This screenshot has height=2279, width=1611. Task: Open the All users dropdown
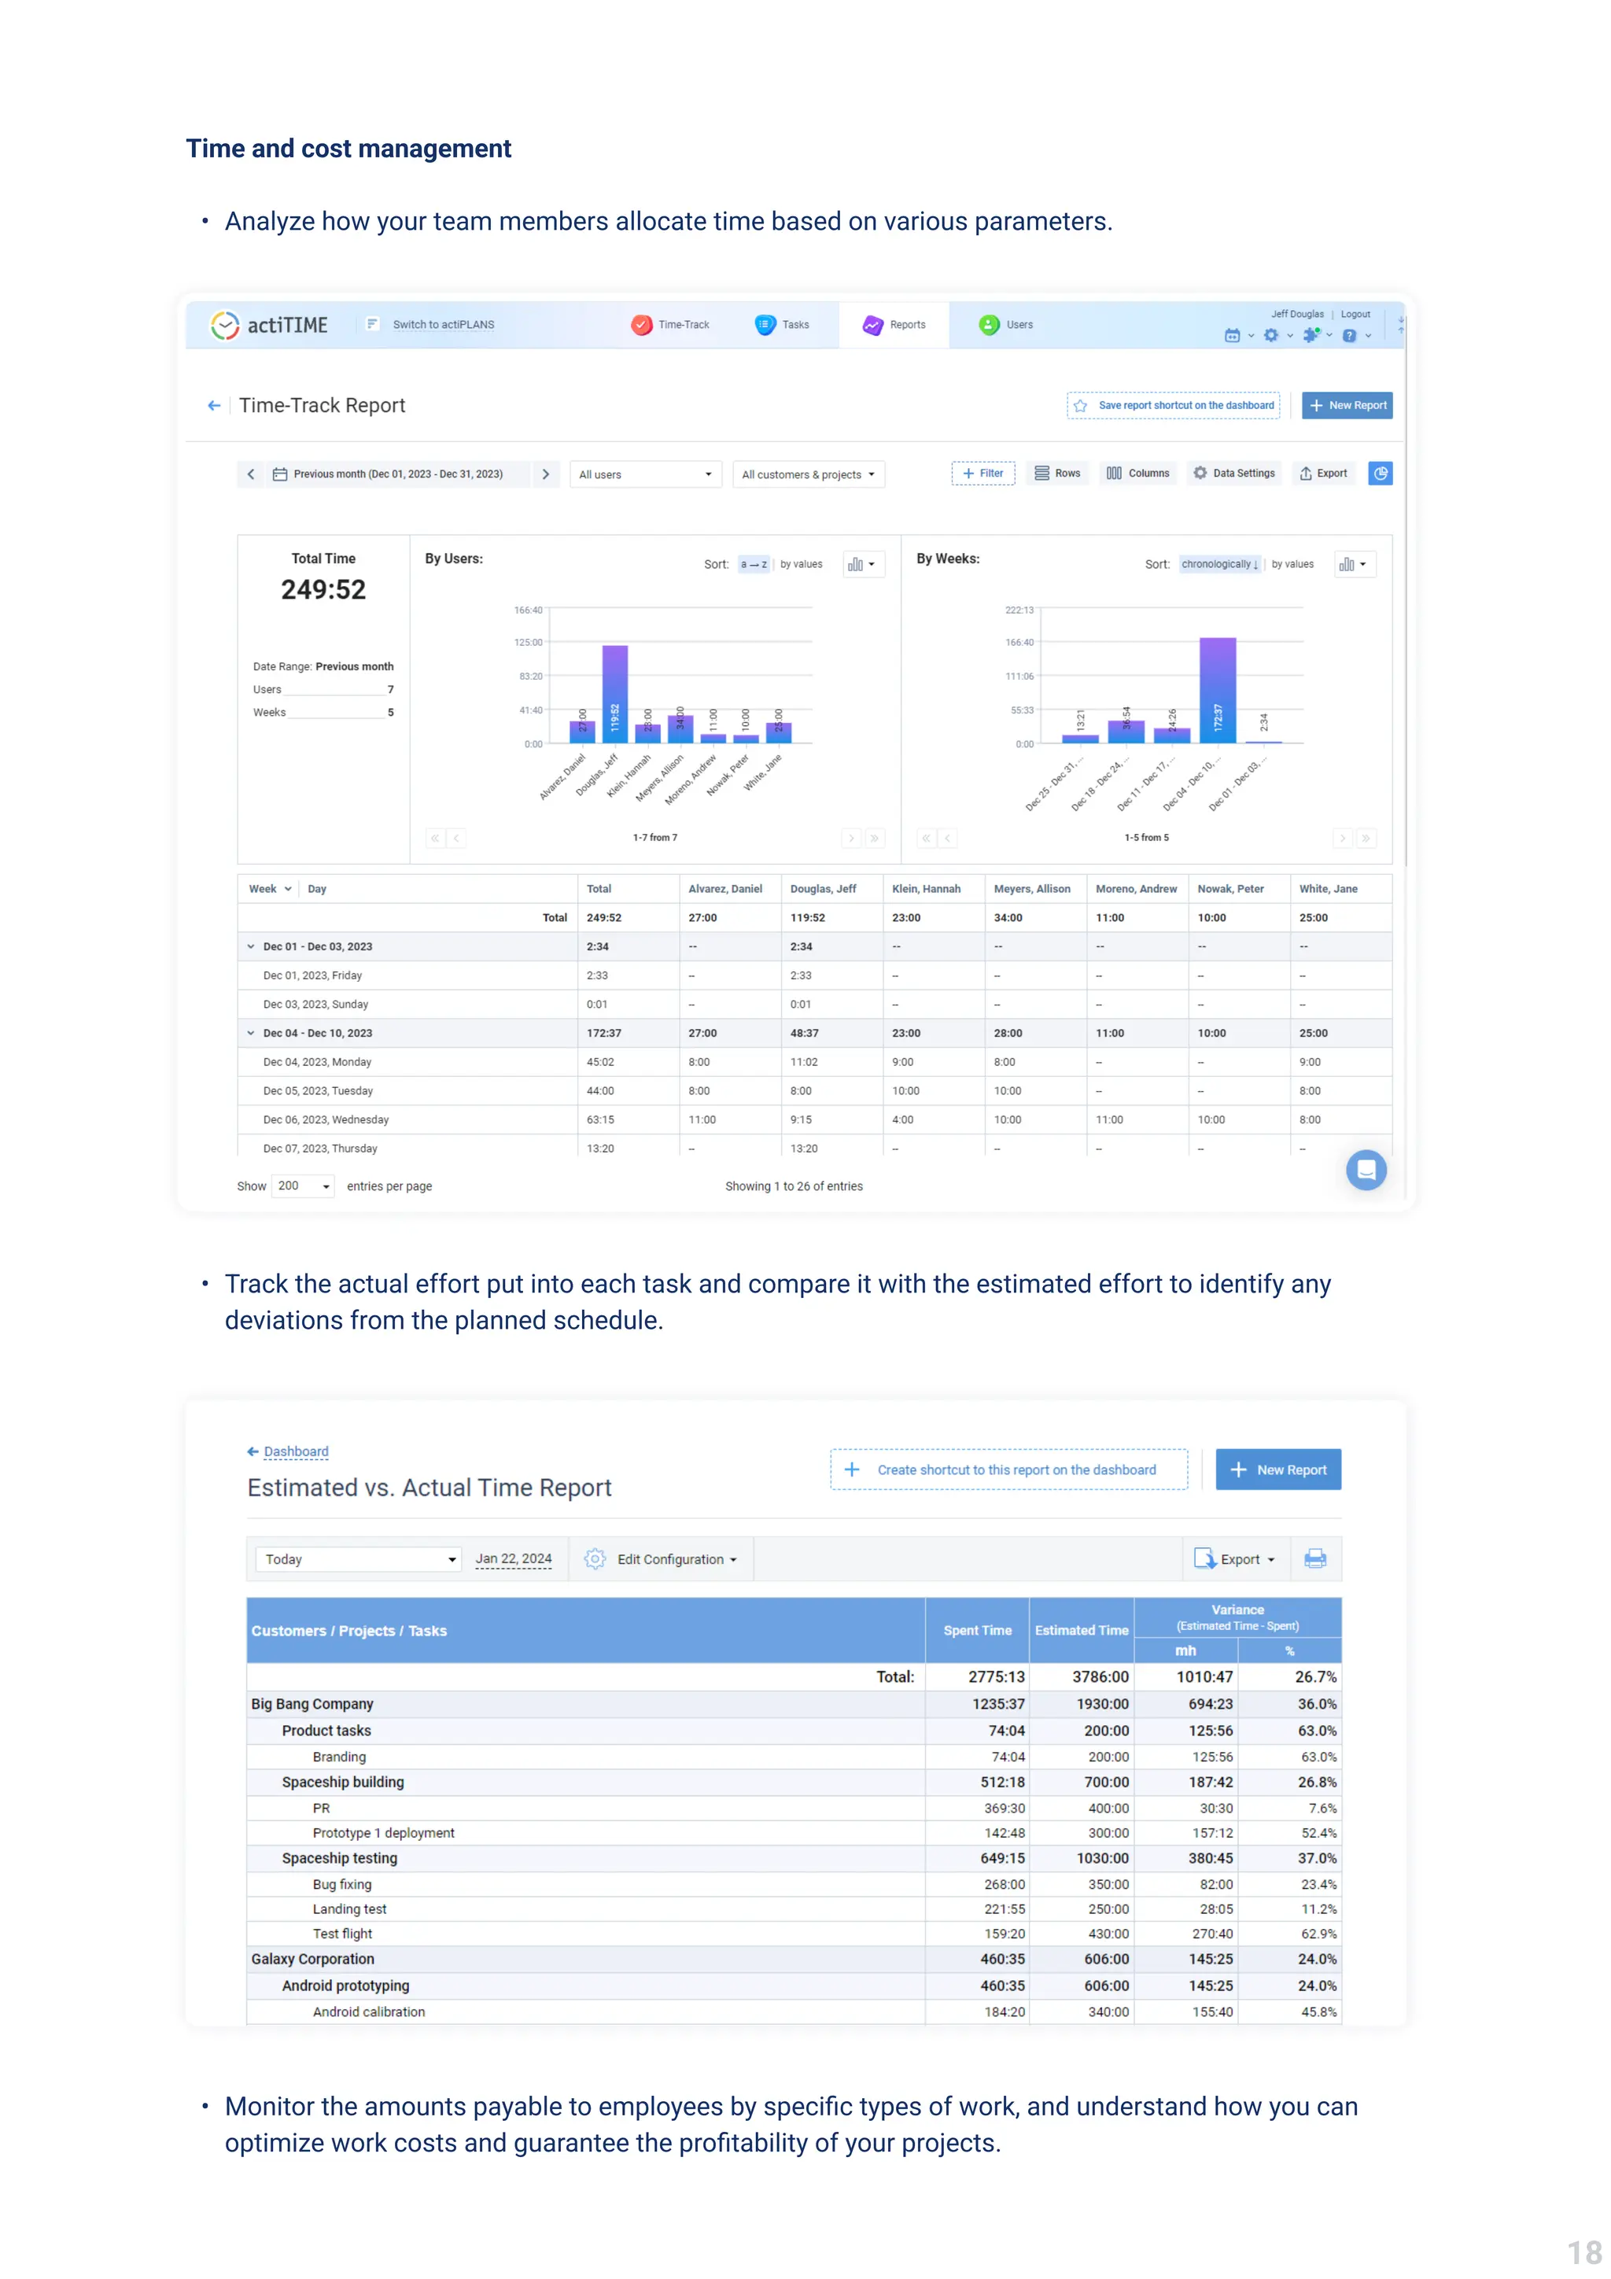point(645,474)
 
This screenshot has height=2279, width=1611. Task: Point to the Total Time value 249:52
point(323,589)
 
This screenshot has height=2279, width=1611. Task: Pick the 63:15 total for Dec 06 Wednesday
point(600,1119)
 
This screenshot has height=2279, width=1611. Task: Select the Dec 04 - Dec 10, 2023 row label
point(318,1033)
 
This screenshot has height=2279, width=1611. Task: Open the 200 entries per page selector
point(303,1186)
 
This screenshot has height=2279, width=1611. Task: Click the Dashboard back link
point(295,1451)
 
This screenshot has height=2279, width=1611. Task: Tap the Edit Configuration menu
point(675,1559)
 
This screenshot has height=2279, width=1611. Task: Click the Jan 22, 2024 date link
point(513,1558)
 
